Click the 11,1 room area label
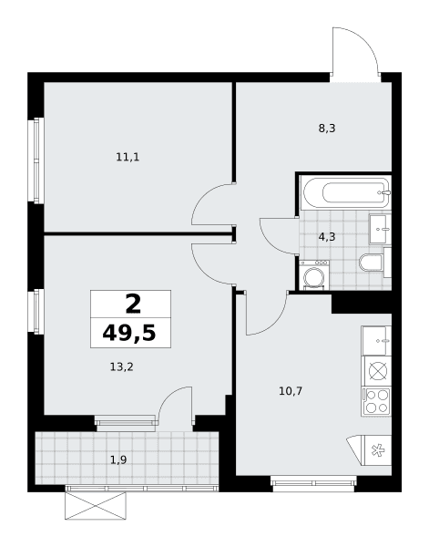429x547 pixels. click(128, 158)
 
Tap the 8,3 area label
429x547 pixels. click(327, 129)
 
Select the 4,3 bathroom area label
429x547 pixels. click(327, 237)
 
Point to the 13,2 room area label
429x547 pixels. click(122, 367)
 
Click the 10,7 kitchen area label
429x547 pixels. click(291, 391)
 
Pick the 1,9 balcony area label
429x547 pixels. click(118, 460)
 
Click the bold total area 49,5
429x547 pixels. click(129, 334)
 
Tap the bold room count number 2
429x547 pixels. click(133, 304)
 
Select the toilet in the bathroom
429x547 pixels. click(371, 263)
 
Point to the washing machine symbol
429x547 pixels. click(314, 274)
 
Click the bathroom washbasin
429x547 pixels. click(380, 229)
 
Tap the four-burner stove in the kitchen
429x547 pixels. click(377, 401)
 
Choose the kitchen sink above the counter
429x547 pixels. click(376, 341)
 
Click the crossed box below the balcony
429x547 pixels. click(96, 505)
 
